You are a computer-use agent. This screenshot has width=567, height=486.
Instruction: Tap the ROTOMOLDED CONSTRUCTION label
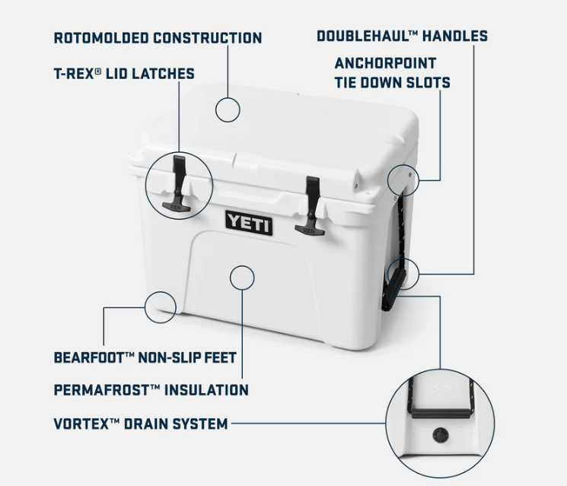click(x=158, y=38)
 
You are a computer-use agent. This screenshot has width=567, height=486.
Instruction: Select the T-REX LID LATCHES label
click(x=124, y=74)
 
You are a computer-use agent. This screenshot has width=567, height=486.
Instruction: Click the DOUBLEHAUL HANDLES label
click(x=402, y=36)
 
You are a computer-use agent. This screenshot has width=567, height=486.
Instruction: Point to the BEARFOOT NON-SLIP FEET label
click(x=145, y=357)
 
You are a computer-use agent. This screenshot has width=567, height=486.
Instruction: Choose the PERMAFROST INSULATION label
click(x=151, y=390)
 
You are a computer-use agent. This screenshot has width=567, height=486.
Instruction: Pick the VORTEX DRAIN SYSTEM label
click(x=141, y=424)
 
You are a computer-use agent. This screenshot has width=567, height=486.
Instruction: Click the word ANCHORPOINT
click(x=385, y=62)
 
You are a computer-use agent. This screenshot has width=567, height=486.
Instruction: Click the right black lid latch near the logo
click(x=311, y=202)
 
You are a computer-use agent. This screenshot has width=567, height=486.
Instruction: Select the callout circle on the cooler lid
click(x=228, y=109)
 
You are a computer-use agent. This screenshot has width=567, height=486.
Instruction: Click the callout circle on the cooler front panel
click(x=241, y=277)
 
